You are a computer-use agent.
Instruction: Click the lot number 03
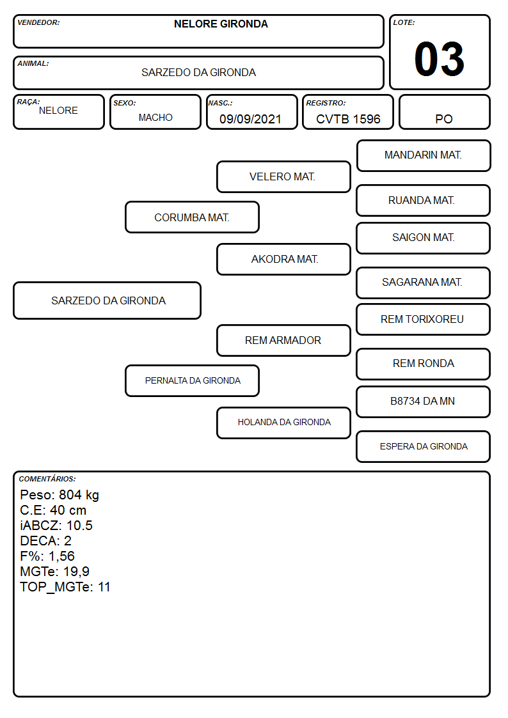pos(439,59)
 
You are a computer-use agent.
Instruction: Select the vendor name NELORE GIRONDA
pos(221,24)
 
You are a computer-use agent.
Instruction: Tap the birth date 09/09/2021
pos(250,119)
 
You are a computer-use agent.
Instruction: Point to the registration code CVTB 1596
pos(348,119)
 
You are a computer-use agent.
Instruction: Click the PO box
pos(444,112)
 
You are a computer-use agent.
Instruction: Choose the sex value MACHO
pos(155,118)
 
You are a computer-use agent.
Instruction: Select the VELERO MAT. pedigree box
pos(283,176)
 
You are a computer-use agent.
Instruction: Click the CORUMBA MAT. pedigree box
pos(192,217)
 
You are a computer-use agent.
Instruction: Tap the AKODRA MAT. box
pos(283,259)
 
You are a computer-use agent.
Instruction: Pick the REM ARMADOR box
pos(283,340)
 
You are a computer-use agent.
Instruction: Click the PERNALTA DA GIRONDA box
pos(192,380)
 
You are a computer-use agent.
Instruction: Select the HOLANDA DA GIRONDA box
pos(283,423)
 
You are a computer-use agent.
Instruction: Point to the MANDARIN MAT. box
pos(424,156)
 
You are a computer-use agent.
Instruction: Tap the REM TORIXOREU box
pos(423,319)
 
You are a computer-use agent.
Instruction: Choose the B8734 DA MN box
pos(423,402)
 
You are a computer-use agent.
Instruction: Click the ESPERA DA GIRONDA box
pos(423,446)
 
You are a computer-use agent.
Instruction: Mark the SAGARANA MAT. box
pos(423,283)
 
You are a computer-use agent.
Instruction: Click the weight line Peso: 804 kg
pos(60,495)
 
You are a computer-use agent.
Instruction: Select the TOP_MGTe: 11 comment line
pos(65,587)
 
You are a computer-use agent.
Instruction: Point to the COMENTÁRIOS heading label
pos(47,479)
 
